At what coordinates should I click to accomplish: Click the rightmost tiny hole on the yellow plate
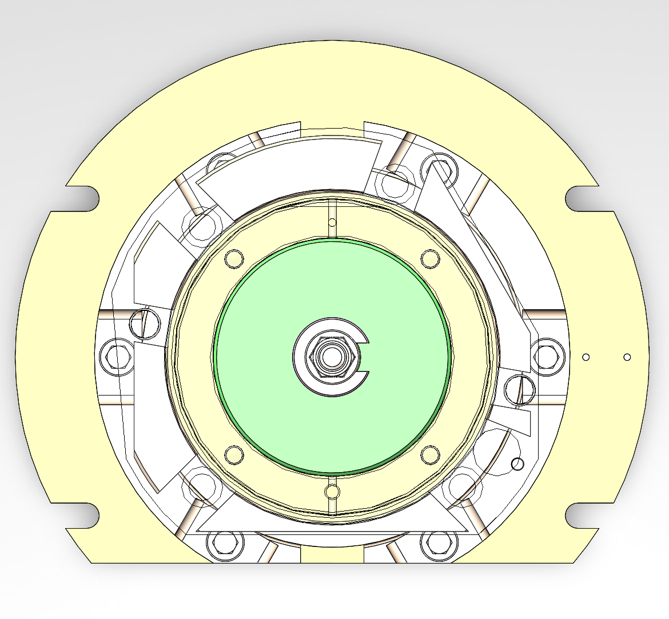click(627, 357)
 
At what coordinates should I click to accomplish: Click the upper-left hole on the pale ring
click(234, 258)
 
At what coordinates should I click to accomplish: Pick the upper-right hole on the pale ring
click(430, 258)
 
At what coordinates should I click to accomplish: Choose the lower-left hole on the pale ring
click(234, 454)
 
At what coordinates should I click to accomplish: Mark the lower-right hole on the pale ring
click(430, 454)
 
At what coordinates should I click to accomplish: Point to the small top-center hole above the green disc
click(332, 222)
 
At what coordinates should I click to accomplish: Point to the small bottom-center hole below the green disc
click(332, 490)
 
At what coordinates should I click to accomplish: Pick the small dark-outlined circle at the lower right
click(517, 464)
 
